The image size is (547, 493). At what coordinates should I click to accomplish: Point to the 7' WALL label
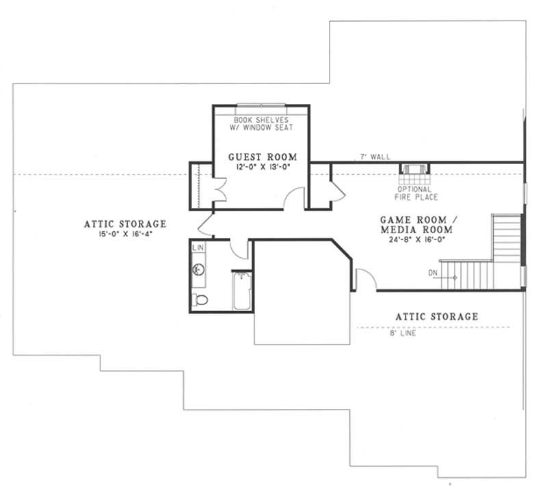point(375,157)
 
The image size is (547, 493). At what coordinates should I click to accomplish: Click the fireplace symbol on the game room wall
point(413,170)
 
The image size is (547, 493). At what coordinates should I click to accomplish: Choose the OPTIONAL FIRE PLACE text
point(413,193)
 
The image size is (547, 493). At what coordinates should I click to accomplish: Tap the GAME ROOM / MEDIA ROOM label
point(414,224)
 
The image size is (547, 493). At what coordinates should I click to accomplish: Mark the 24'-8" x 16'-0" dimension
point(414,241)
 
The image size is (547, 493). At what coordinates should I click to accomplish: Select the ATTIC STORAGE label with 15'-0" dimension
point(125,224)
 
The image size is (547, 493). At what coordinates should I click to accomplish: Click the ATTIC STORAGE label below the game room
point(437,317)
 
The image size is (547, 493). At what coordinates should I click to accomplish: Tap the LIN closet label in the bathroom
point(198,247)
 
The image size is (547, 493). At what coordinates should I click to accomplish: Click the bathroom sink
point(197,269)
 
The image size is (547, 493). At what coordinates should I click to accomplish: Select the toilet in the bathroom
point(200,299)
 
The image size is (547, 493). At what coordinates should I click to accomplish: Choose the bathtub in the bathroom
point(242,292)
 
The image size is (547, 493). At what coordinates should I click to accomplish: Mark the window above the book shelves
point(261,105)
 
